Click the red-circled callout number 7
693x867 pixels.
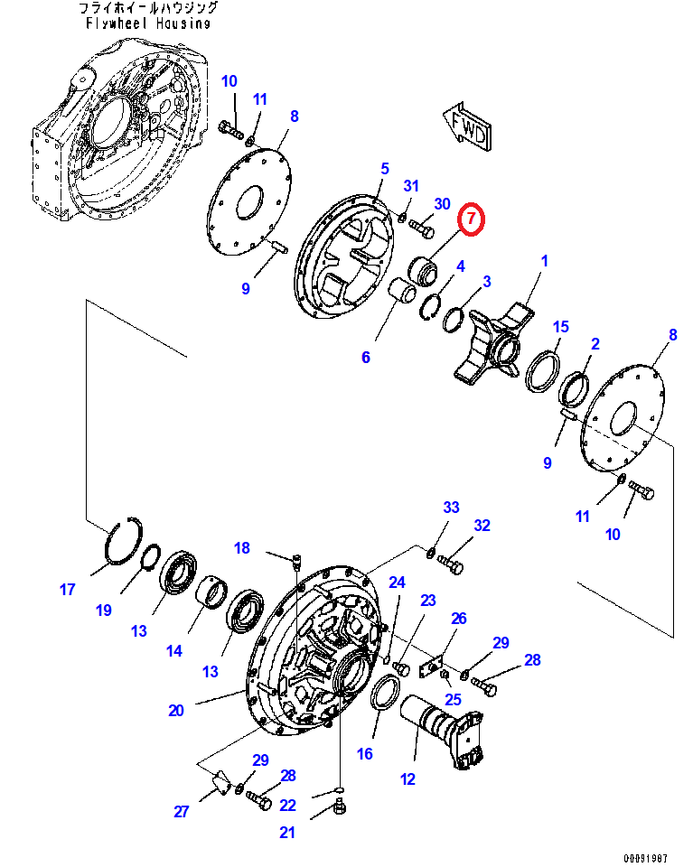[x=471, y=219]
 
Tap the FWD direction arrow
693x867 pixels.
[x=467, y=126]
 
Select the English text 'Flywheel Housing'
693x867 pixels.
[x=148, y=23]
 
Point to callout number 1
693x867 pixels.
[x=544, y=260]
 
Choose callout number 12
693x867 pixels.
[x=407, y=779]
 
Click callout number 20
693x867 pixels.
[x=176, y=710]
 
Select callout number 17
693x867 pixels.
[x=67, y=590]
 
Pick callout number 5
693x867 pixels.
[x=385, y=168]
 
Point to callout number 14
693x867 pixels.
[x=174, y=651]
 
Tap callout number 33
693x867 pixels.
[x=451, y=507]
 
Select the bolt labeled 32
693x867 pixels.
[x=450, y=564]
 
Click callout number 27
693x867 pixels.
[x=182, y=811]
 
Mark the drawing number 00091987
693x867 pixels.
[x=645, y=858]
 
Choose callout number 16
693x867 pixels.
[x=364, y=753]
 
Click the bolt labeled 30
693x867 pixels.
[x=421, y=228]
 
